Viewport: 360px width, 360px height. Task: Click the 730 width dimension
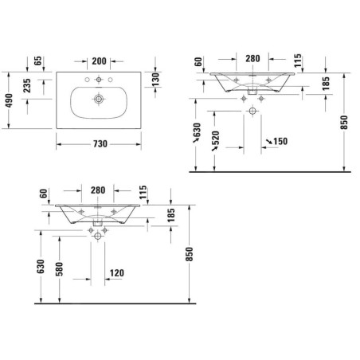coord(100,144)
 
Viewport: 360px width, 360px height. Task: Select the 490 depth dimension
coord(9,100)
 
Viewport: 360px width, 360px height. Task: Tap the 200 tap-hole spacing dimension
coord(99,61)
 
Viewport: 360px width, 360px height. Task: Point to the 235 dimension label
coord(27,85)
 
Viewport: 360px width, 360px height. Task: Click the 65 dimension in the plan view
coord(37,61)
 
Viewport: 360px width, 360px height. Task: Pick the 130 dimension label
coord(155,80)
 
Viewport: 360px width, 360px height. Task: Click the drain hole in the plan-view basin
coord(99,99)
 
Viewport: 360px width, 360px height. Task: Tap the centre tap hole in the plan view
coord(99,80)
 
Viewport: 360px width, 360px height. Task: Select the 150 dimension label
coord(280,141)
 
